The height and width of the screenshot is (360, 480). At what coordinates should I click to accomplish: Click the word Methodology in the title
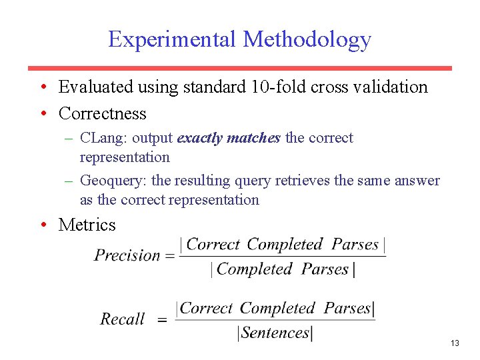307,40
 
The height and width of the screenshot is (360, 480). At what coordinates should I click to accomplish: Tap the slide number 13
455,343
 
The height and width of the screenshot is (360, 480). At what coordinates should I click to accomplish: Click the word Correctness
102,113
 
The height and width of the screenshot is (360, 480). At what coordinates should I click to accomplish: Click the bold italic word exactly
200,138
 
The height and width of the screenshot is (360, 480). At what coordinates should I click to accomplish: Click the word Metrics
87,225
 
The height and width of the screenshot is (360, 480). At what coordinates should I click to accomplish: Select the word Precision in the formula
127,255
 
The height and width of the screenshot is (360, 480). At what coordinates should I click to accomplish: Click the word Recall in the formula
123,319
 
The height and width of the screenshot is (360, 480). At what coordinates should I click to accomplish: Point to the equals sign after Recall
162,320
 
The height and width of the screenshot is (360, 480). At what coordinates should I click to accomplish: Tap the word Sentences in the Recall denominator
275,333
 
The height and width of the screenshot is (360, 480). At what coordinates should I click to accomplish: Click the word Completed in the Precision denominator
255,269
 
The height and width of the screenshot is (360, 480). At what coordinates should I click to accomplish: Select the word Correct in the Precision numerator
213,245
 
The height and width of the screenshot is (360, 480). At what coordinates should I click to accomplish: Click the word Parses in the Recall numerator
347,308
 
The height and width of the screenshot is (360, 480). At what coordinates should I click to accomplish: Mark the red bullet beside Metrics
42,225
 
